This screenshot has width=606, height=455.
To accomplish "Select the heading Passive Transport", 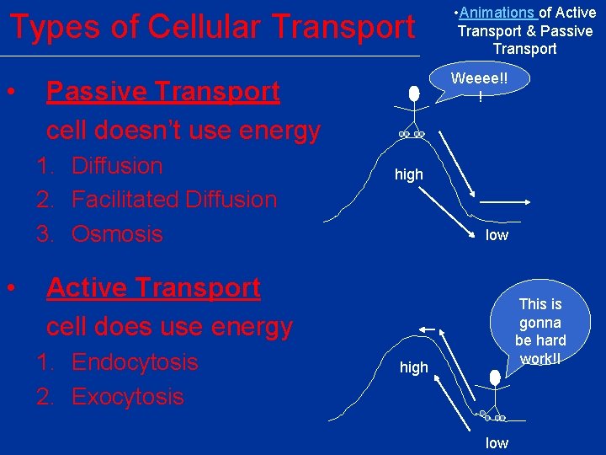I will coord(163,91).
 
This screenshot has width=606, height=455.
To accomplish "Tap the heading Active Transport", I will coord(153,287).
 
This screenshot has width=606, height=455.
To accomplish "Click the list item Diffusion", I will coord(117,165).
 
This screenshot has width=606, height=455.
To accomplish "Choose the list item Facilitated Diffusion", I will coord(174,200).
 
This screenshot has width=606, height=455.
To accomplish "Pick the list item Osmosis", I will coord(117,233).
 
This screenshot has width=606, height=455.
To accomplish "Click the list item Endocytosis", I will coord(135,362).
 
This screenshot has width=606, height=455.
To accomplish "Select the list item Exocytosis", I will coord(127,396).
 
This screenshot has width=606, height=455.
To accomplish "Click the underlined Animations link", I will coord(497,13).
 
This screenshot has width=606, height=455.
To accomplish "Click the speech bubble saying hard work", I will coord(540,332).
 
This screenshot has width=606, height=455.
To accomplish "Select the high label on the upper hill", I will coord(409,174).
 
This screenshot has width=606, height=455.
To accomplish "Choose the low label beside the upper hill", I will coord(497,235).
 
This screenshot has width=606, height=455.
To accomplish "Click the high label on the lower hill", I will coord(413,367).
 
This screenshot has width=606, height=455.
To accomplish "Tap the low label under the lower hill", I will coord(497,443).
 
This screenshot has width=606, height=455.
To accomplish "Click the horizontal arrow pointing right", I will coord(503,201).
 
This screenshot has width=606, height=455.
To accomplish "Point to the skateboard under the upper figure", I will coord(412,135).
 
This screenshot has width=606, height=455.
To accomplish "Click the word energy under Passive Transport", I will coord(280,131).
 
